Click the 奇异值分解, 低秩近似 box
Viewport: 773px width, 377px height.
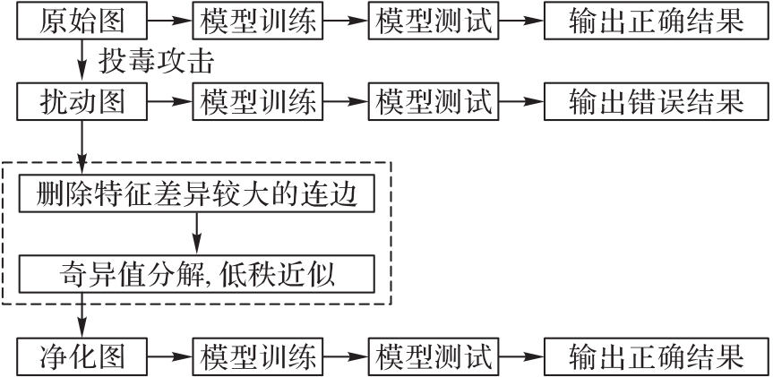point(196,272)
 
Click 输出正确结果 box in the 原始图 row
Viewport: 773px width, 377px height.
point(655,21)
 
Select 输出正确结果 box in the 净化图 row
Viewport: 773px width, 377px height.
point(655,356)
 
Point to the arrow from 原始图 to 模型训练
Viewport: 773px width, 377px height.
point(170,21)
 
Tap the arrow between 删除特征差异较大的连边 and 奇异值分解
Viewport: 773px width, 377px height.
point(196,234)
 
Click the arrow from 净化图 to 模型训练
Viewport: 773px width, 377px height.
point(170,356)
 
